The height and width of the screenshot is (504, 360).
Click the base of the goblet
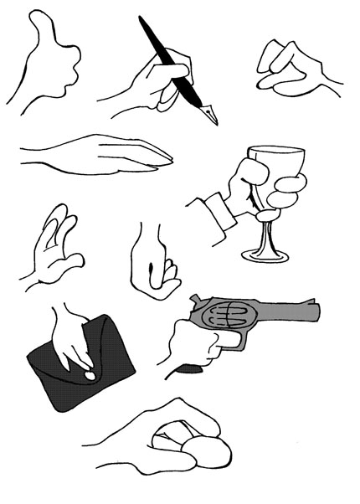tap(265, 253)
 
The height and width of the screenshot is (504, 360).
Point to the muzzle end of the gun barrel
tap(316, 309)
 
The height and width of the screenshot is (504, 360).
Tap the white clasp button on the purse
tap(89, 376)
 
